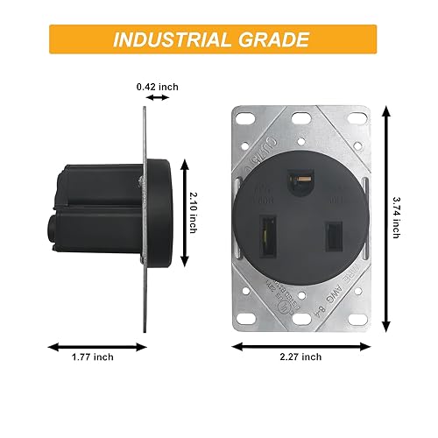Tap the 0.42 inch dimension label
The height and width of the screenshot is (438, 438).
coord(159,87)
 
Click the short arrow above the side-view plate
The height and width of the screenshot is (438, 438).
coord(159,99)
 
